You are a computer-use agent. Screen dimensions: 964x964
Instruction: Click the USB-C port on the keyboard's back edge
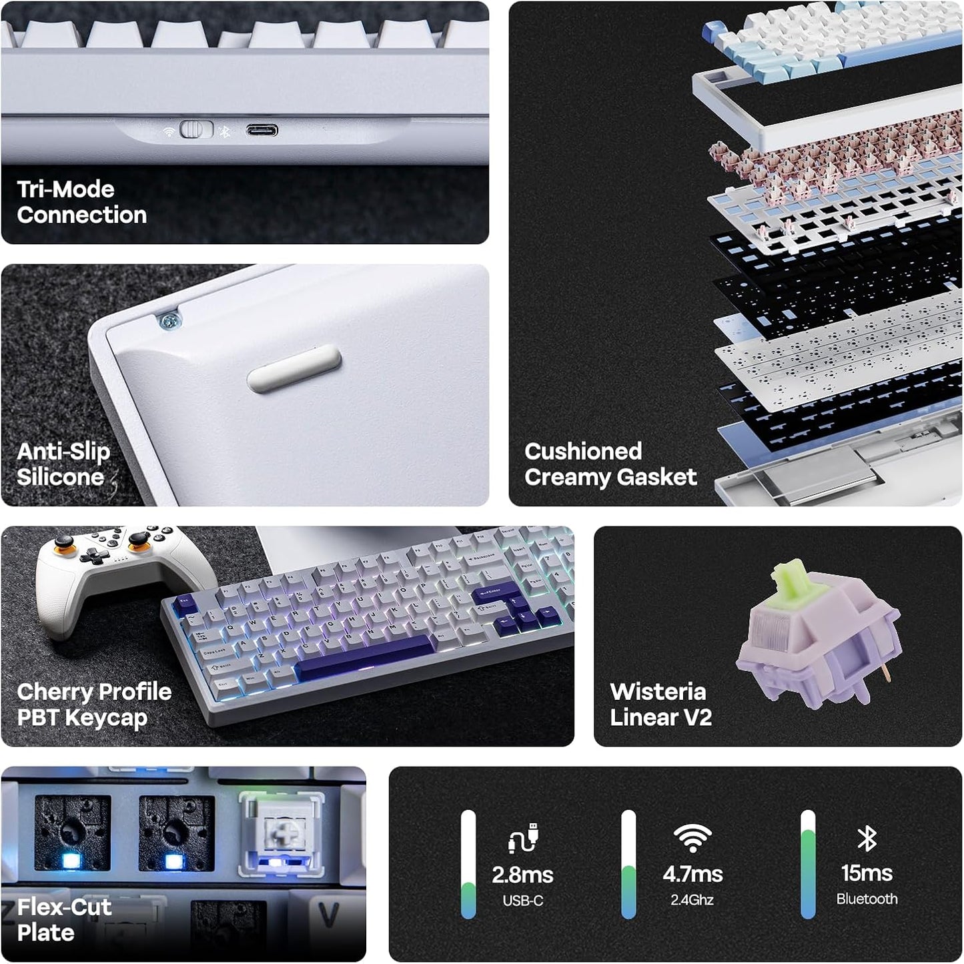click(x=262, y=130)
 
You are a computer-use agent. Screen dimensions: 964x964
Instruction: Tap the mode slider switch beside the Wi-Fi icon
click(x=196, y=129)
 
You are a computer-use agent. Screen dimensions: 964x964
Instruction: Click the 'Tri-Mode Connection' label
click(x=81, y=202)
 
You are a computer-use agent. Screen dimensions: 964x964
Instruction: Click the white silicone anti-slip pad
click(x=294, y=368)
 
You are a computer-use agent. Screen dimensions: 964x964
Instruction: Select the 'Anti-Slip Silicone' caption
click(x=63, y=464)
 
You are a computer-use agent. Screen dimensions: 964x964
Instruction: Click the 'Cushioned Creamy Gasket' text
click(x=610, y=464)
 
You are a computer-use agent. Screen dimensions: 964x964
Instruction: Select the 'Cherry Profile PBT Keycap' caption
click(x=93, y=704)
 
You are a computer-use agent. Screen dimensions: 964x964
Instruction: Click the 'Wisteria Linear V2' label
click(x=660, y=704)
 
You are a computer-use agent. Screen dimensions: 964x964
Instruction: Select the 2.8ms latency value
click(x=522, y=875)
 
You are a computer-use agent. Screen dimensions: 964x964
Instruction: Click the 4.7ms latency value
click(x=692, y=874)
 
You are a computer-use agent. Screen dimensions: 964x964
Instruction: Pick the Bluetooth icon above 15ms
click(x=867, y=839)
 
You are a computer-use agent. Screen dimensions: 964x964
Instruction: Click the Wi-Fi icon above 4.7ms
click(x=692, y=838)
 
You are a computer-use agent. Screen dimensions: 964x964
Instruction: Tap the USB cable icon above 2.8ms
click(x=523, y=839)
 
